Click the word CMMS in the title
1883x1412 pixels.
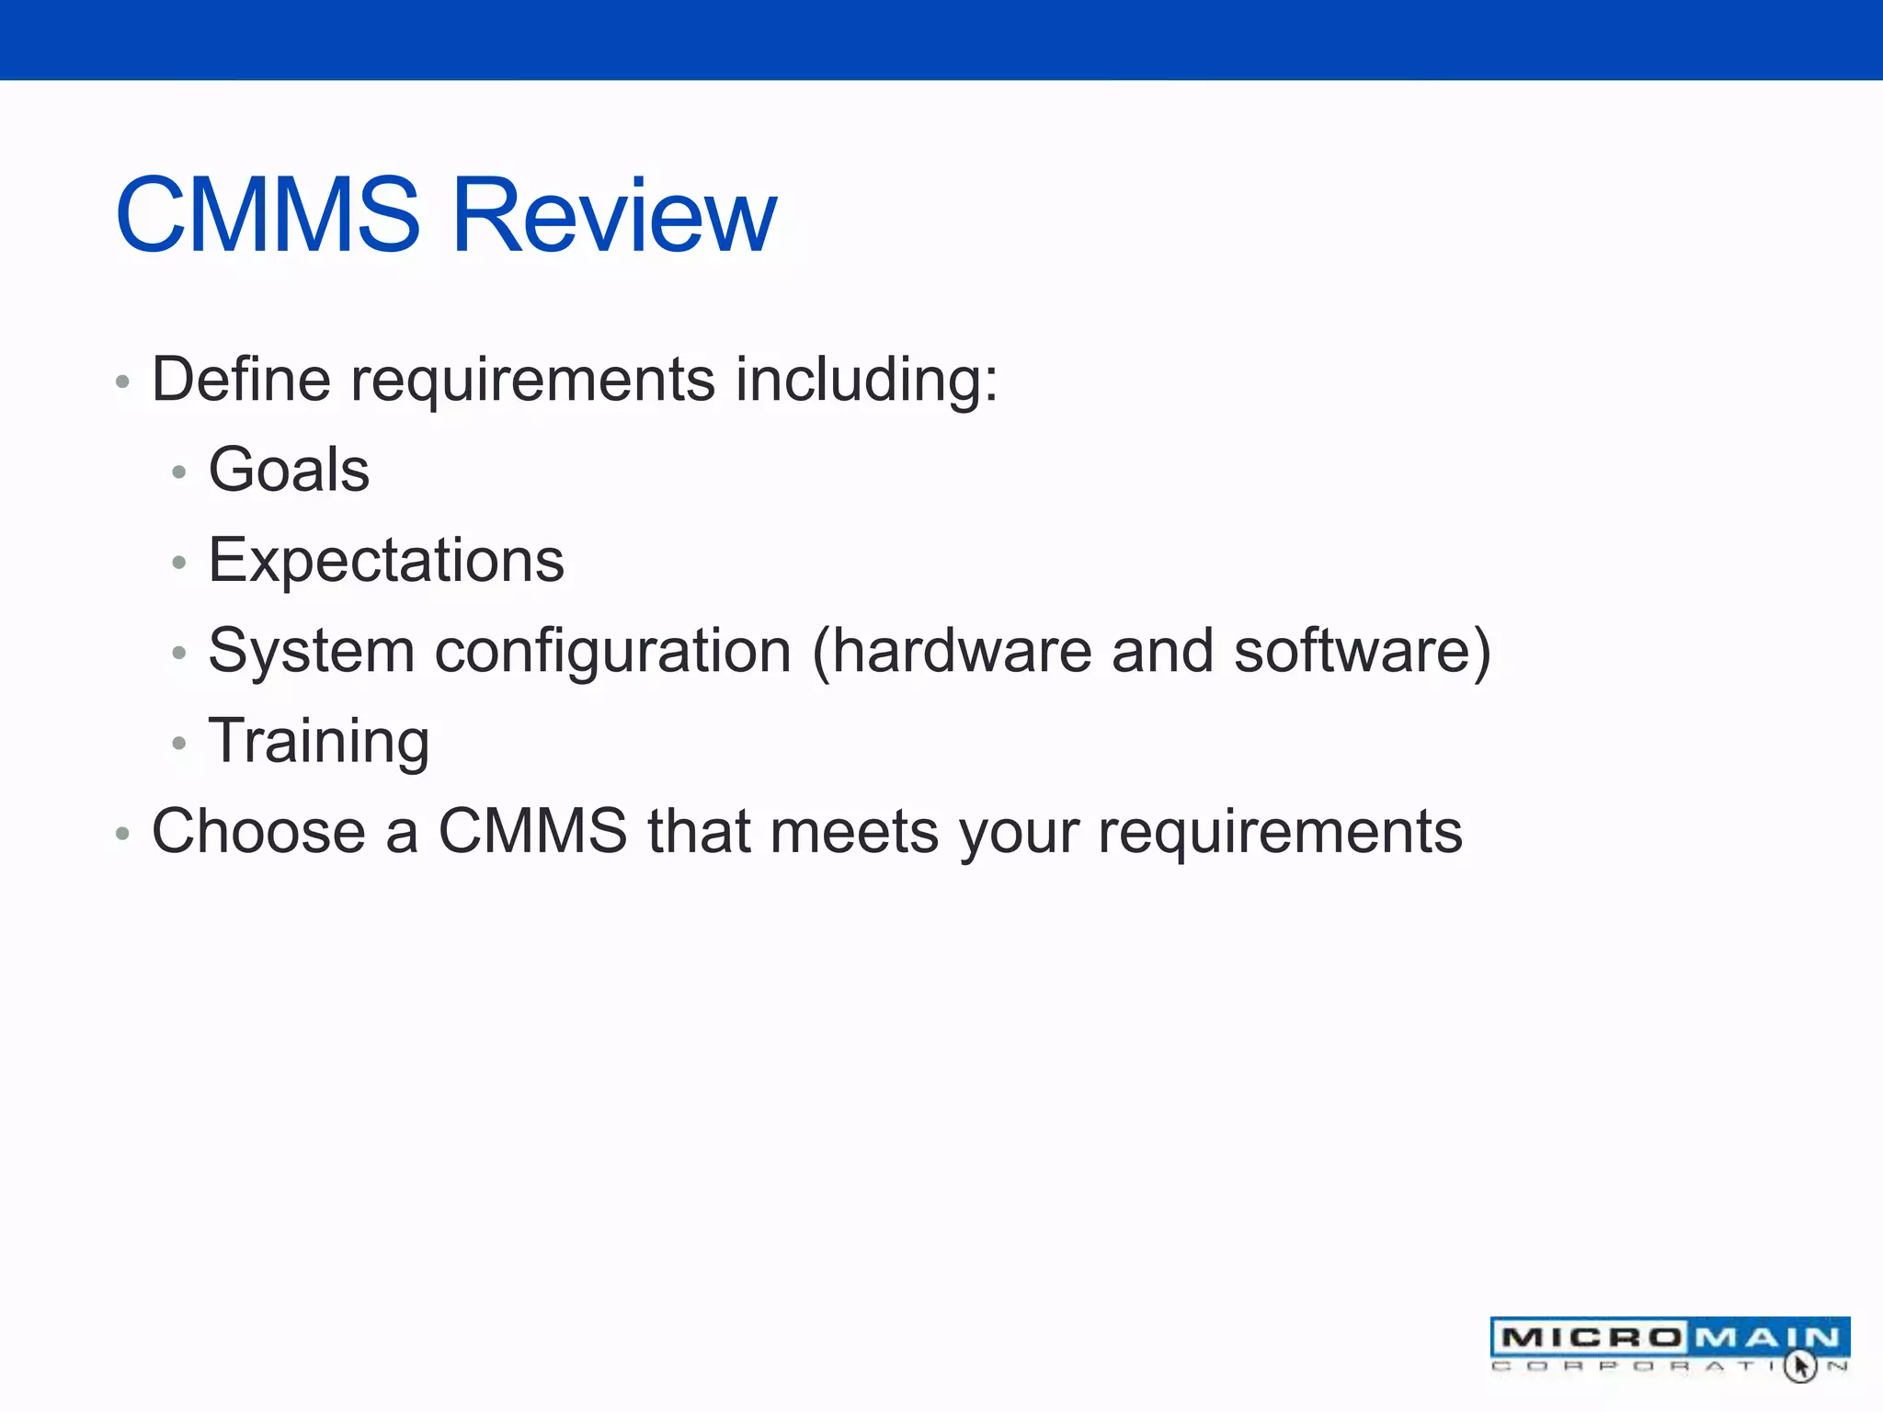[x=268, y=216]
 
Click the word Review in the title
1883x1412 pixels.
[x=614, y=216]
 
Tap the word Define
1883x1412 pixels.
[x=241, y=379]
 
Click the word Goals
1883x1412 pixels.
[x=289, y=470]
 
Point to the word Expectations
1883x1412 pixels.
[x=386, y=561]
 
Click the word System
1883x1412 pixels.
[x=312, y=652]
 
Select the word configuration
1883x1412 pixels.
[x=612, y=652]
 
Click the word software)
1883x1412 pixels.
[x=1362, y=651]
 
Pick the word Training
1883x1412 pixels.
[x=319, y=742]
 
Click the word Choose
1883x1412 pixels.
[x=258, y=831]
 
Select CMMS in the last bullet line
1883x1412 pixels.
[x=532, y=831]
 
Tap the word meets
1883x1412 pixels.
[x=854, y=831]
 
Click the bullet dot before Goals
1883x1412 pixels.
[x=179, y=473]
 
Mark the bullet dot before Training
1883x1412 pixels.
[x=179, y=743]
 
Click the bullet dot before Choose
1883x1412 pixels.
[x=122, y=834]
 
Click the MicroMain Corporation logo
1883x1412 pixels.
[x=1669, y=1346]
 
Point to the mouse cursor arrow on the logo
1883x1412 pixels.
[x=1799, y=1365]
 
